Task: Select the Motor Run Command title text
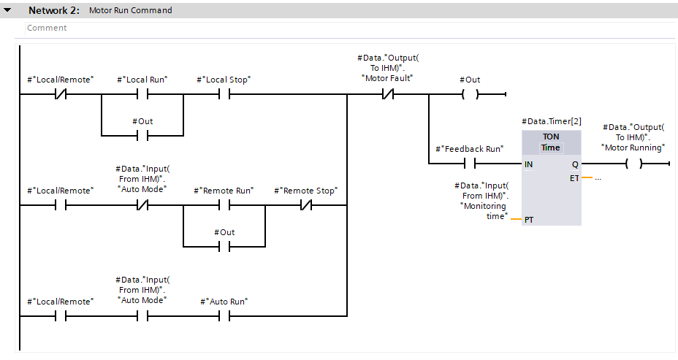pyautogui.click(x=130, y=11)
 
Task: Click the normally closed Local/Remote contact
pyautogui.click(x=61, y=95)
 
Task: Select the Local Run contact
pyautogui.click(x=142, y=95)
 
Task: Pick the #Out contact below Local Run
pyautogui.click(x=142, y=136)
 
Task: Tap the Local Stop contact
pyautogui.click(x=224, y=95)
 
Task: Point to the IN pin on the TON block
pyautogui.click(x=529, y=164)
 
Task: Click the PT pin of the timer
pyautogui.click(x=529, y=220)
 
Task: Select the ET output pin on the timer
pyautogui.click(x=575, y=178)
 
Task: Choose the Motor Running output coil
pyautogui.click(x=633, y=164)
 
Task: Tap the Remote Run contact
pyautogui.click(x=224, y=206)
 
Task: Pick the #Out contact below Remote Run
pyautogui.click(x=224, y=247)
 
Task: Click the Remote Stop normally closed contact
pyautogui.click(x=305, y=206)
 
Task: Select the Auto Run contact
pyautogui.click(x=224, y=316)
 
